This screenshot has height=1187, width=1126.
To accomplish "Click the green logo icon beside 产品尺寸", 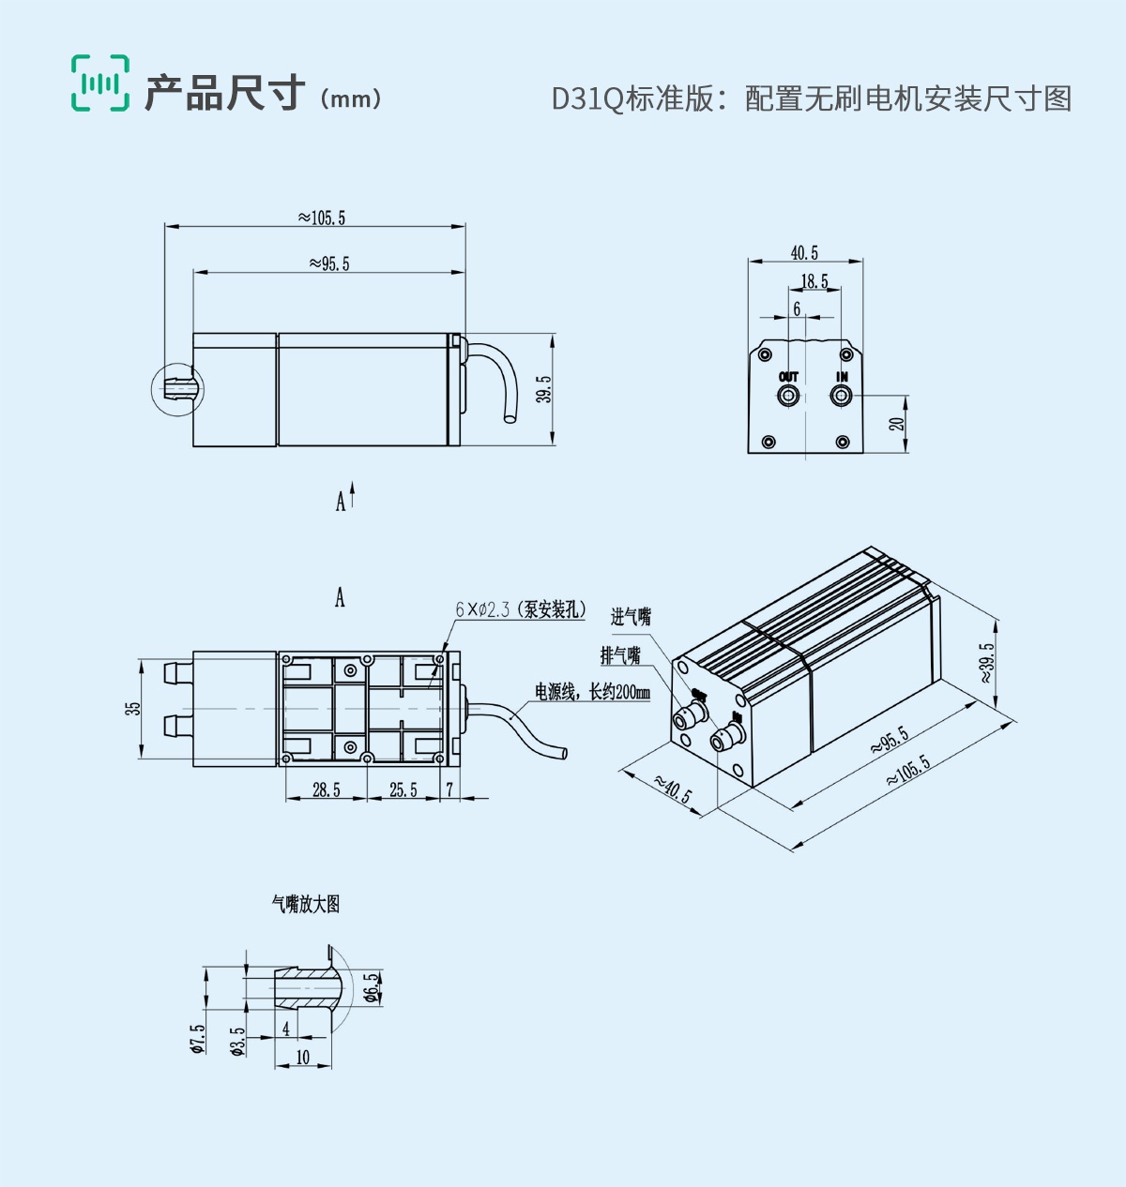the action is [x=100, y=83].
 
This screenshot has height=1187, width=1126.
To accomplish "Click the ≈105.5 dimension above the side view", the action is [x=322, y=218].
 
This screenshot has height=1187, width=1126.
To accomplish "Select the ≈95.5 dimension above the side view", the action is [x=329, y=263].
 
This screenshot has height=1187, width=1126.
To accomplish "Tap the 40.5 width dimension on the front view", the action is [x=804, y=253].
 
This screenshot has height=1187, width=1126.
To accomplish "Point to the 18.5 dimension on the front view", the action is [x=814, y=281].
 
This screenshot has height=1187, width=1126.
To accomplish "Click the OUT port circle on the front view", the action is [x=788, y=397].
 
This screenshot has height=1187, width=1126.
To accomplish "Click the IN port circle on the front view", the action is [x=841, y=397].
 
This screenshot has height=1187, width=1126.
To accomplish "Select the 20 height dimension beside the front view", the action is [x=898, y=424].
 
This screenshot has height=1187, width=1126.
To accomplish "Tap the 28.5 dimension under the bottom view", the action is [x=327, y=789].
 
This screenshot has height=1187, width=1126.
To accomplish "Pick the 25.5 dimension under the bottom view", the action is [x=403, y=789].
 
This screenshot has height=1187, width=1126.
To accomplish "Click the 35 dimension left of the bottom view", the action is [x=133, y=708].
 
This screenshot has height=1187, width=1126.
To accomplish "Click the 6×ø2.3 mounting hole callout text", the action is [x=521, y=609].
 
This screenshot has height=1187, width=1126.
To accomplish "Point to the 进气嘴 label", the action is [x=631, y=617].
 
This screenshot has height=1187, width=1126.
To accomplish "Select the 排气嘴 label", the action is [x=620, y=655].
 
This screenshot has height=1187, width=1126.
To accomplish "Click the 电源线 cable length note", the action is [x=592, y=692].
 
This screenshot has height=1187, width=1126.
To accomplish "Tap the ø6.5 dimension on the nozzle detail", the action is [x=373, y=987].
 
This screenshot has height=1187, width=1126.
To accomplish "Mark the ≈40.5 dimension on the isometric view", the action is [x=672, y=789].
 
